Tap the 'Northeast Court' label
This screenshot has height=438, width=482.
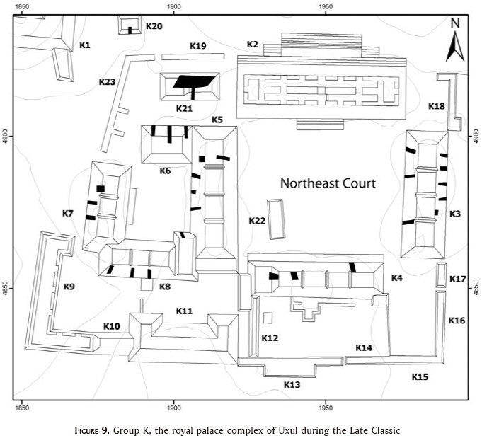pos(328,183)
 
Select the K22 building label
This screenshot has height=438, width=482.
pos(257,220)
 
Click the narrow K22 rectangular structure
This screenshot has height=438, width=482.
pos(276,219)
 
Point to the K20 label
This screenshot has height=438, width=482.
pos(154,26)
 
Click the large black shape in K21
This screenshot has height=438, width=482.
pos(193,81)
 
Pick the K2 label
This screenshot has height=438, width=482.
pos(253,45)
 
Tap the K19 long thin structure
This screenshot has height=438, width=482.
pos(193,57)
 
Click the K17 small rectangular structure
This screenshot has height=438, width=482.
pos(442,275)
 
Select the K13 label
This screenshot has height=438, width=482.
pos(292,384)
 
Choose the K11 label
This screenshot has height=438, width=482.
pos(184,311)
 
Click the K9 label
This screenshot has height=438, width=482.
pos(69,287)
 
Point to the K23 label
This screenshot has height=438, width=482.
pos(107,82)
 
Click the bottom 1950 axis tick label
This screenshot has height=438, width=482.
pos(326,408)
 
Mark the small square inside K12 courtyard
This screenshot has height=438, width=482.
pos(268,318)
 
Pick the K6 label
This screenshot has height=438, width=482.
pos(165,171)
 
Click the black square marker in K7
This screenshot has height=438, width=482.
pos(101,189)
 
